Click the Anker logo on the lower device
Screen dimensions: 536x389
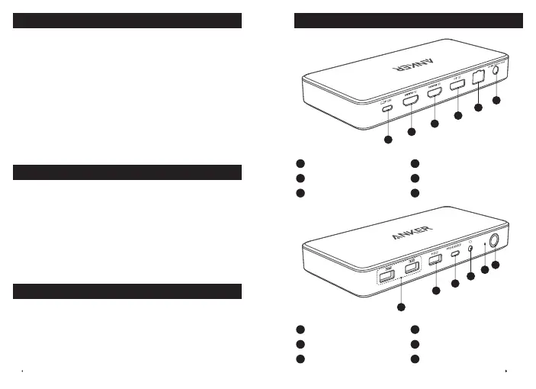coord(412,234)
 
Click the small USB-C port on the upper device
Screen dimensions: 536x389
coord(387,108)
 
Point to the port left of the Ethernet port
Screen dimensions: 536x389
coord(458,85)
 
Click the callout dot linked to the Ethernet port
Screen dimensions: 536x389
coord(479,108)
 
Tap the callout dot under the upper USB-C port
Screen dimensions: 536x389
coord(388,140)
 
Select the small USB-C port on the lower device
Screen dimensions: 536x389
coord(455,253)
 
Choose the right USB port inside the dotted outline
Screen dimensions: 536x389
coord(412,268)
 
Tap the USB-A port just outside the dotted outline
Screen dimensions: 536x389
coord(435,260)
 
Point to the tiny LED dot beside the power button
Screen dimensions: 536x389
coord(485,243)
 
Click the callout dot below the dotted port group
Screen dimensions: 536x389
coord(402,307)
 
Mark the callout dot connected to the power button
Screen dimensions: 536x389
coord(495,265)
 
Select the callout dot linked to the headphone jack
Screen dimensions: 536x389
coord(470,277)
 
